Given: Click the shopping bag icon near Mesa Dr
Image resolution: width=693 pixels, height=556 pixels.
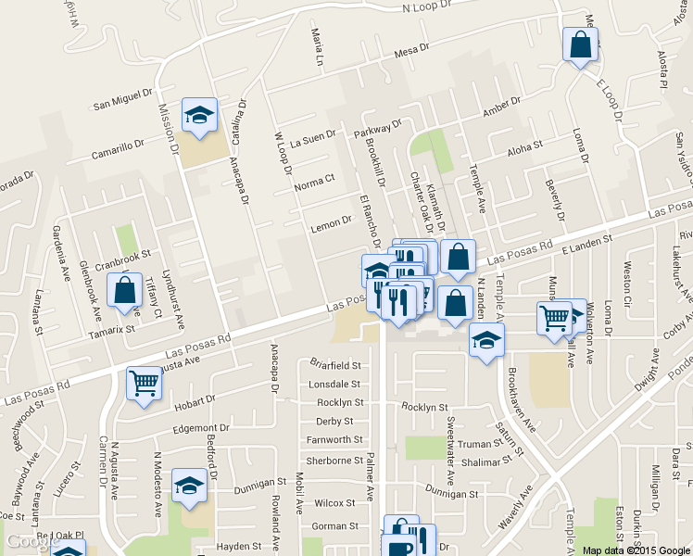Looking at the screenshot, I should click(580, 44).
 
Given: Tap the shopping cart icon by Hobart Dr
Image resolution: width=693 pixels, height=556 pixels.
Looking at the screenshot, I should click(145, 383).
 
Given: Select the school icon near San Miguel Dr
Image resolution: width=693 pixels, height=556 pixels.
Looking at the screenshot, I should click(199, 115).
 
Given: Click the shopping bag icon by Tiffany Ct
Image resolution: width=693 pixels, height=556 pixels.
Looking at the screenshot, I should click(125, 291).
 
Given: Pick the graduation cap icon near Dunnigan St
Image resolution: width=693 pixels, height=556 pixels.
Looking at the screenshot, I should click(189, 486).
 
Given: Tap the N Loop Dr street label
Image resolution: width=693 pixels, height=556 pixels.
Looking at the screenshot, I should click(426, 6).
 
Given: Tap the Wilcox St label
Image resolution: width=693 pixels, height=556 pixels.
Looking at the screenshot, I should click(334, 503).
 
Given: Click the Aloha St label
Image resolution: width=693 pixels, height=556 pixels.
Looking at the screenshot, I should click(524, 150).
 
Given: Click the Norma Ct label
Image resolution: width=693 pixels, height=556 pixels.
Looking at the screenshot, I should click(313, 186).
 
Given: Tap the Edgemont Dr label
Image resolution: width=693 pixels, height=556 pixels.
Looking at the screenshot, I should click(200, 428).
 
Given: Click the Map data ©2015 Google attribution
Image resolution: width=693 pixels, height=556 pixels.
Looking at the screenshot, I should click(636, 550).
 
